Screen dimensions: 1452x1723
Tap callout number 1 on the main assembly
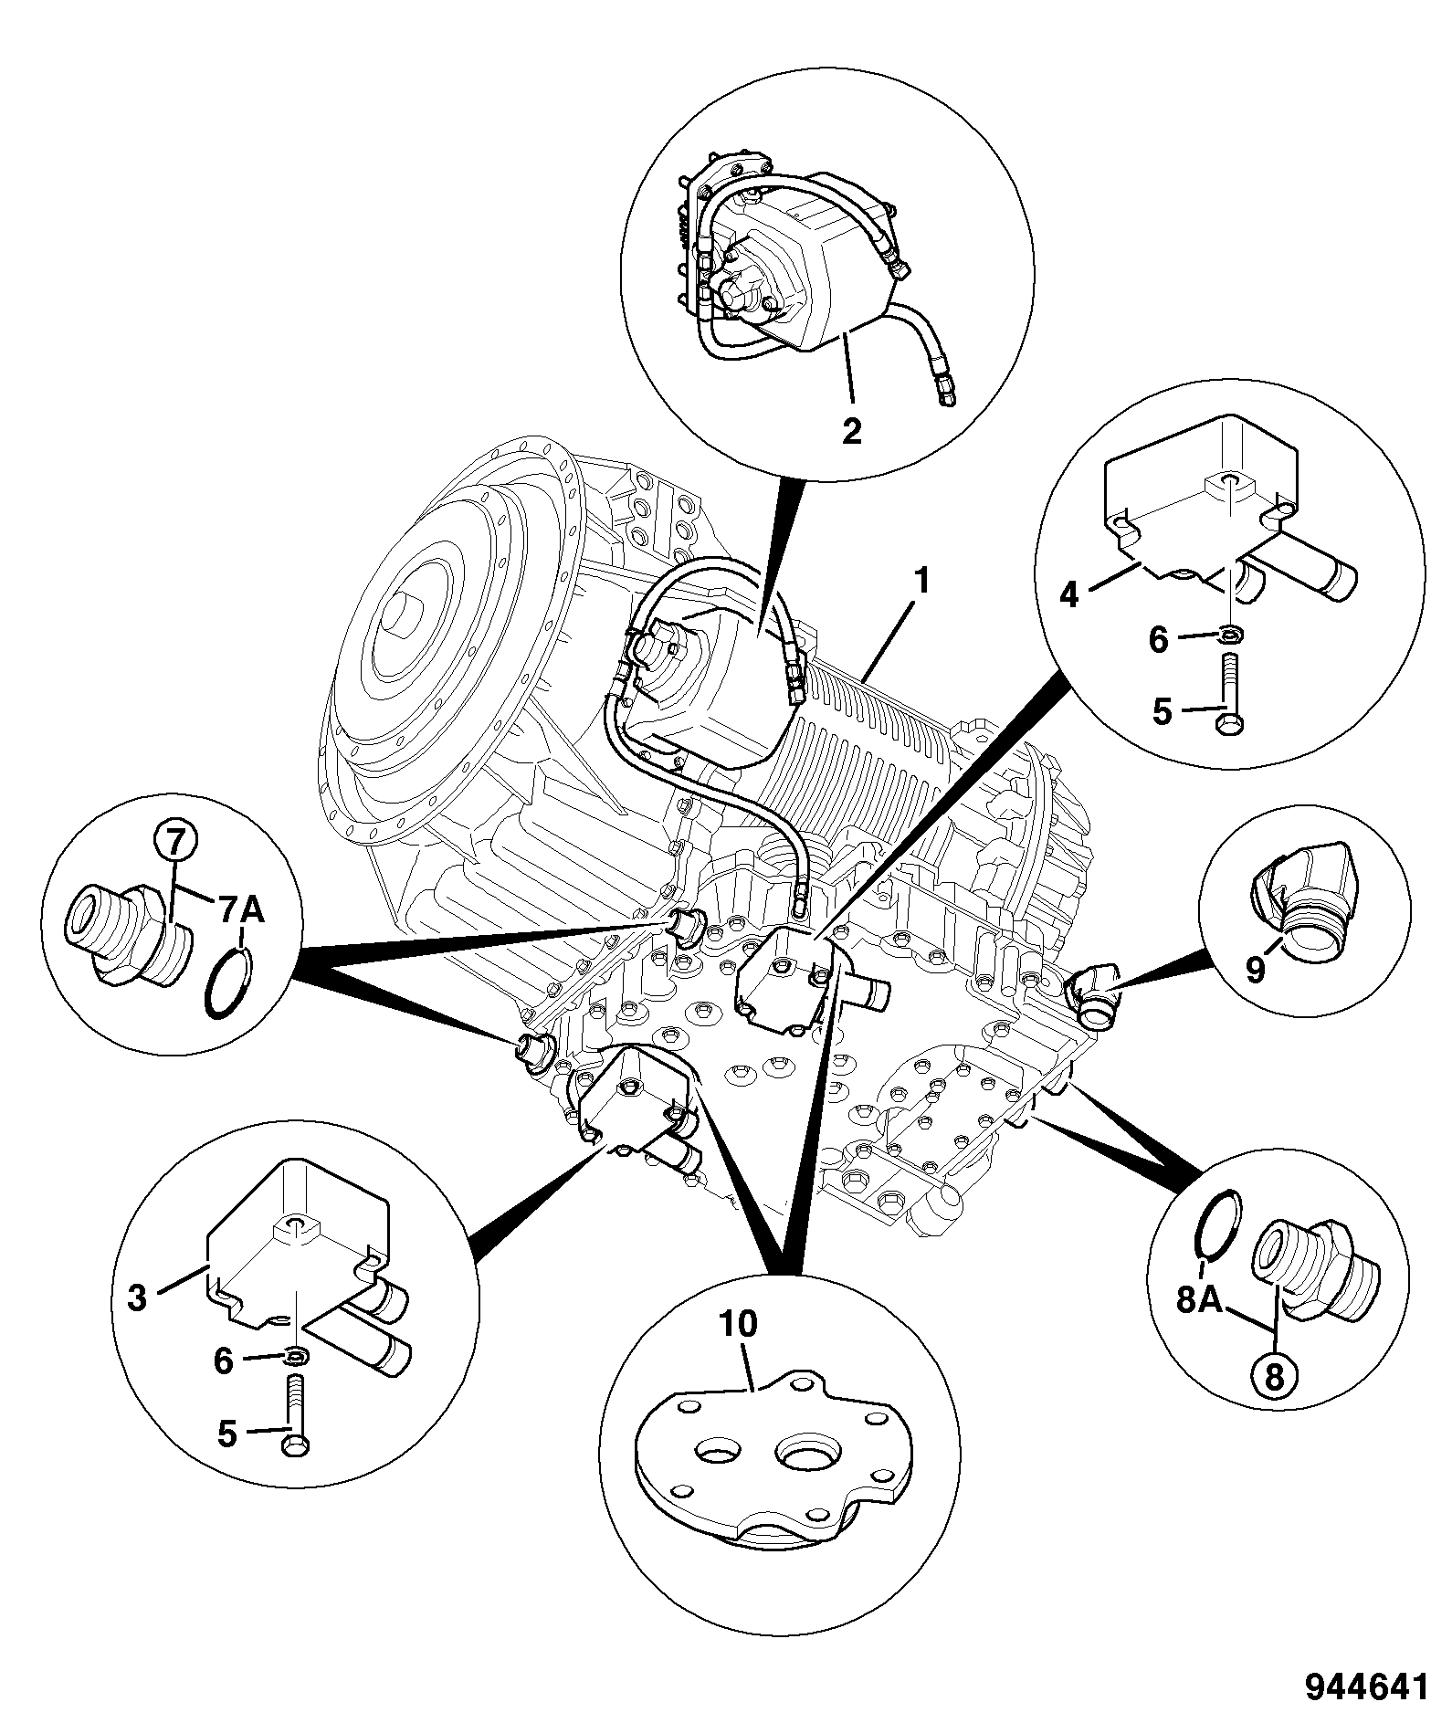pyautogui.click(x=923, y=581)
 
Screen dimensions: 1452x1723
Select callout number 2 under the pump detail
pyautogui.click(x=851, y=430)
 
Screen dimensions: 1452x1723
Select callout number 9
pyautogui.click(x=1256, y=968)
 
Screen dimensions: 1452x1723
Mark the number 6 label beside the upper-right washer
pyautogui.click(x=1158, y=640)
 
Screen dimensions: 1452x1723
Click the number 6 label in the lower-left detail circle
pyautogui.click(x=224, y=1361)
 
